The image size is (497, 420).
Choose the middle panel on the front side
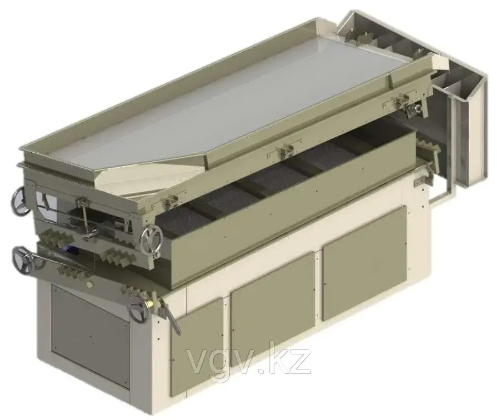(273, 310)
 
